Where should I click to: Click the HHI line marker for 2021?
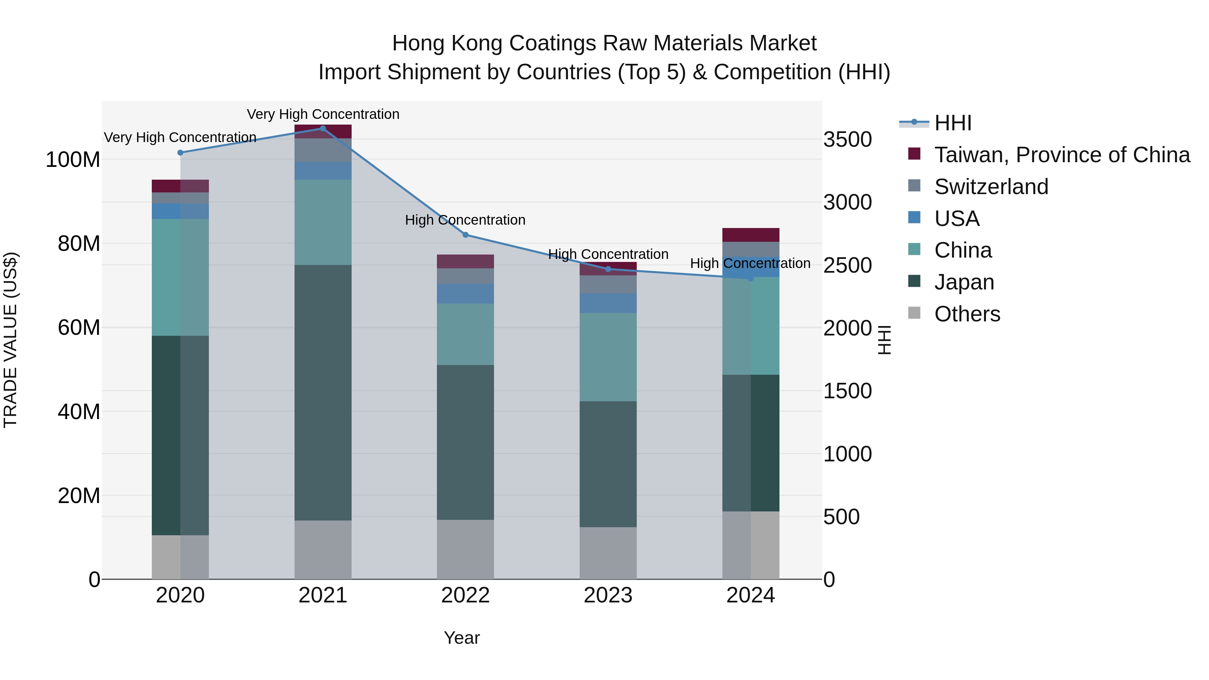coord(323,128)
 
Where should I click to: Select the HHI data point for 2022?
coord(465,235)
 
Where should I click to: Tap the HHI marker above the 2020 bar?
coord(180,152)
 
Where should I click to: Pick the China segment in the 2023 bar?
coord(608,357)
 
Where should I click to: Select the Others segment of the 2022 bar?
coord(465,549)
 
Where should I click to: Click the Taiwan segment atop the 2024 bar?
coord(751,235)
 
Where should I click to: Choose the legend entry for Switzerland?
coord(991,187)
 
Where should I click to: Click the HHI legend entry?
coord(952,123)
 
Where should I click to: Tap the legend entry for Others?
coord(967,314)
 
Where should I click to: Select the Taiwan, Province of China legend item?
coord(1062,155)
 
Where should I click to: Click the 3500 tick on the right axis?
coord(848,139)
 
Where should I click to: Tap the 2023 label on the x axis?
coord(608,595)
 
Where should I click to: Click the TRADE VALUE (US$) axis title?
coord(10,340)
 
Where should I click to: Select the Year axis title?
coord(462,638)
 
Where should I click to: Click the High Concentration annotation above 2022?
coord(465,220)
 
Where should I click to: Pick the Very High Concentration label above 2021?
coord(323,114)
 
